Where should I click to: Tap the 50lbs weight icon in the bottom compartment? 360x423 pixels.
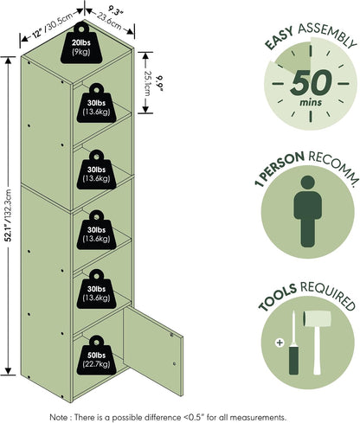[x=97, y=356]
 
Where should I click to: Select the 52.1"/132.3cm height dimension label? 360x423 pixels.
[x=9, y=215]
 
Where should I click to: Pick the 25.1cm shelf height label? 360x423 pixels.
[x=147, y=83]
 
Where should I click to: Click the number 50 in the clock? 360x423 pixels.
[x=311, y=83]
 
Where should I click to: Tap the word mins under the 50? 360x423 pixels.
[x=311, y=102]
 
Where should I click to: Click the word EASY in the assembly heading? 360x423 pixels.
[x=279, y=38]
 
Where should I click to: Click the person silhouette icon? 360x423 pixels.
[x=308, y=211]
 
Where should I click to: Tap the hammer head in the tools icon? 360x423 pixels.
[x=317, y=318]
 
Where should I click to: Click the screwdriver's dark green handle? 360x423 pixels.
[x=293, y=361]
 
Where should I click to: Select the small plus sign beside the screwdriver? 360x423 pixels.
[x=280, y=343]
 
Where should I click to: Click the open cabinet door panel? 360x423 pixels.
[x=153, y=351]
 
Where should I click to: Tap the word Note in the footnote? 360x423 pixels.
[x=59, y=417]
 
